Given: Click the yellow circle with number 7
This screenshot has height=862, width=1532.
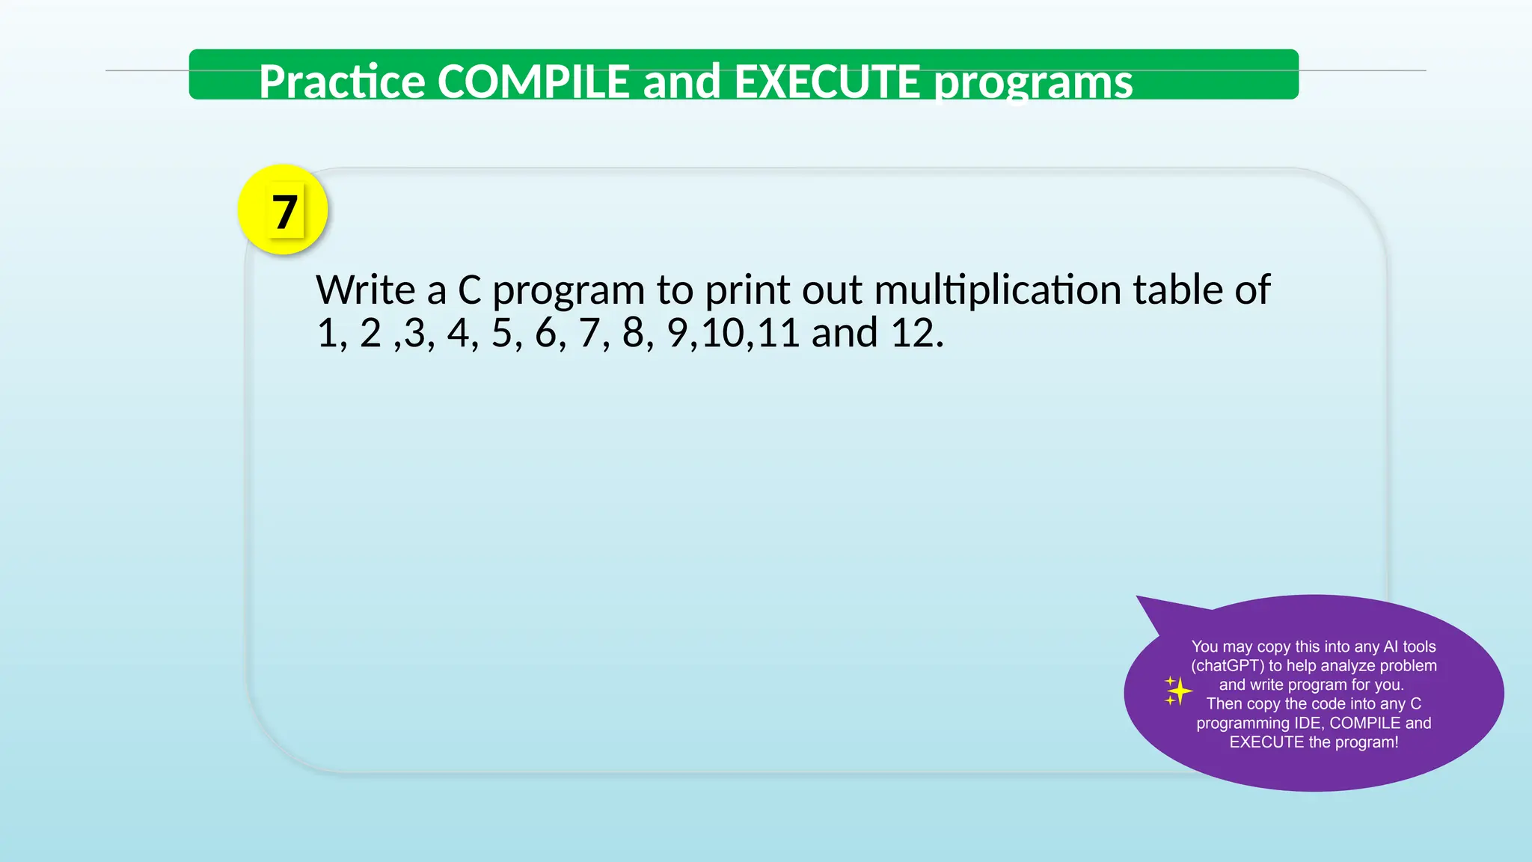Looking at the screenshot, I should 283,210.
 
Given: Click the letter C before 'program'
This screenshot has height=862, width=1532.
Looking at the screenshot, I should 469,290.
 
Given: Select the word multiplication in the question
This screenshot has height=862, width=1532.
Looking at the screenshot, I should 997,290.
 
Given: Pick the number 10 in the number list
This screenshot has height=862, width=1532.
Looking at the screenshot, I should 723,333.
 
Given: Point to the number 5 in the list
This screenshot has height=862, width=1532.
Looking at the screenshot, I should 501,333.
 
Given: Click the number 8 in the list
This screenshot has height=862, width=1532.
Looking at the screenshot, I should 633,333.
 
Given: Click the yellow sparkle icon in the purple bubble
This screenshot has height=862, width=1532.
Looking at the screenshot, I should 1177,691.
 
